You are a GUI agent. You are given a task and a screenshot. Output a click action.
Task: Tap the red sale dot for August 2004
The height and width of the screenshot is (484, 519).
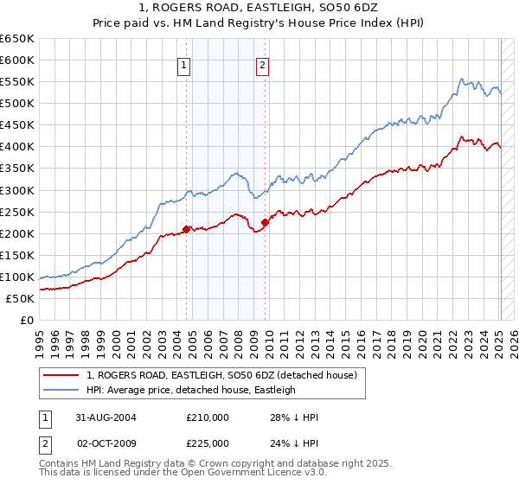(187, 229)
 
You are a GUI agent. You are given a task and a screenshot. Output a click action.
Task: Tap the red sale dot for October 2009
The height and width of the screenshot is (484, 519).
(265, 222)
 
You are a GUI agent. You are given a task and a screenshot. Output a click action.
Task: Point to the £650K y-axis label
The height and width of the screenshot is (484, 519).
(16, 39)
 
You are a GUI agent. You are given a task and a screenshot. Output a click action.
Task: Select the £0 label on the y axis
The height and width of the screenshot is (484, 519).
(27, 320)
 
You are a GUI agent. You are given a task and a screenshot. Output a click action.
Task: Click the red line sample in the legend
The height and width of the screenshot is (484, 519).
(62, 375)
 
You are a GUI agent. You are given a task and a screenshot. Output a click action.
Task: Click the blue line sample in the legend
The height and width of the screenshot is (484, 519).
(62, 390)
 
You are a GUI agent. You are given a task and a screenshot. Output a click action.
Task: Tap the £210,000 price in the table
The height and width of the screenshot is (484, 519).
(208, 417)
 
